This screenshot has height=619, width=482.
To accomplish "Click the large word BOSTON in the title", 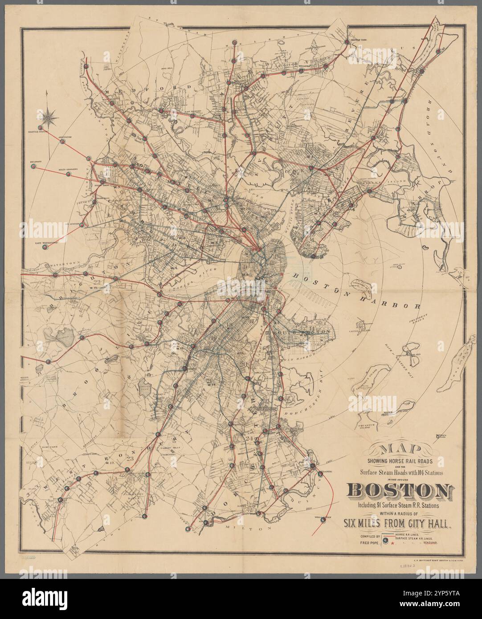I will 398,490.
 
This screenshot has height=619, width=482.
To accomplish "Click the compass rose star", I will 48,118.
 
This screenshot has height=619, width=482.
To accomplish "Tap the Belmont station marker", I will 33,167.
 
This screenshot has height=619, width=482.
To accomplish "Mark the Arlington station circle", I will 63,141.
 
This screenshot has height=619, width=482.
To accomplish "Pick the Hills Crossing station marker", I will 68,174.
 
